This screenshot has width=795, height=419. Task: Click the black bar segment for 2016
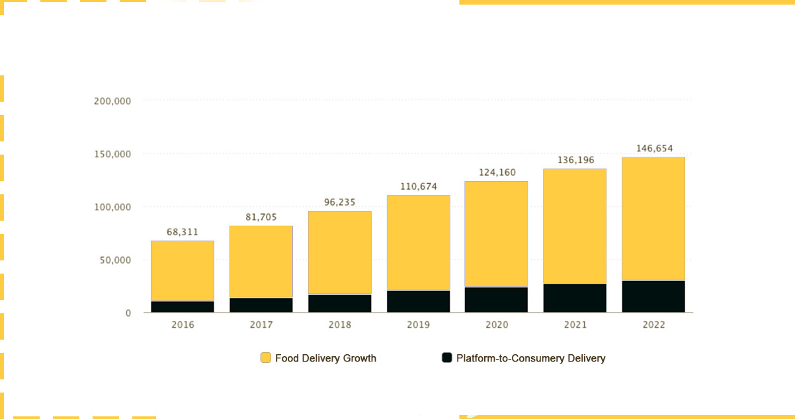(183, 307)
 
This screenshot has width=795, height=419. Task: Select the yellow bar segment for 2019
(418, 243)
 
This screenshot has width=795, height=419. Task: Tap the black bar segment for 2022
(653, 296)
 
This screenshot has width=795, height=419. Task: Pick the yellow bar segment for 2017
(261, 262)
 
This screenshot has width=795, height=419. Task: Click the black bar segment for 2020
(497, 299)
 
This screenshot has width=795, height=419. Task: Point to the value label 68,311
(183, 232)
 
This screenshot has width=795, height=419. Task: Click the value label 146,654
(654, 149)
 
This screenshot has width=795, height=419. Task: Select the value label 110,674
(419, 186)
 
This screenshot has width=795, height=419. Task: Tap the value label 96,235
(340, 202)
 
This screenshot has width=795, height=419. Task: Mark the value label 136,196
(575, 160)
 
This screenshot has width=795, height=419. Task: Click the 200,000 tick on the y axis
(113, 101)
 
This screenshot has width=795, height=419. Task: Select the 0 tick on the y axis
(128, 313)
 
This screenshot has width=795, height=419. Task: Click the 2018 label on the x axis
(340, 324)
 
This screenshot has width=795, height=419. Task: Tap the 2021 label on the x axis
(575, 324)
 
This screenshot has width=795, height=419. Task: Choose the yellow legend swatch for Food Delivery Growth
(266, 358)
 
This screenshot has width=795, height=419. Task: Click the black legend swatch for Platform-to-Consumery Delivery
(447, 358)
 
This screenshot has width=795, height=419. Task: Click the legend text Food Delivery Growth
(325, 358)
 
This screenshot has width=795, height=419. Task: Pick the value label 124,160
(497, 173)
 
